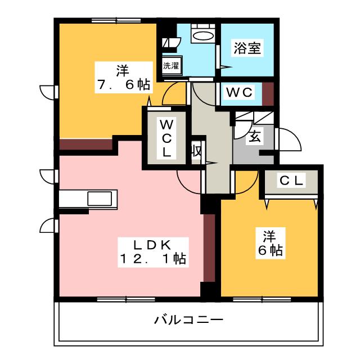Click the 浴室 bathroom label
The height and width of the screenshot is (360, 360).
tap(247, 48)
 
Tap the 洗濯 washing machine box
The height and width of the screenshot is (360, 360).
tap(171, 65)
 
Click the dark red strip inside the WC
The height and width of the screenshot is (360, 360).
tap(268, 94)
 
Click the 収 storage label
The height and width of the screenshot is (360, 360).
tap(196, 151)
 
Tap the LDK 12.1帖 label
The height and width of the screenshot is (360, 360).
tap(152, 251)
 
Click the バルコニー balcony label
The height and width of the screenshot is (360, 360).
tap(189, 321)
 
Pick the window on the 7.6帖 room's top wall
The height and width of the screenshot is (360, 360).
tap(108, 21)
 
